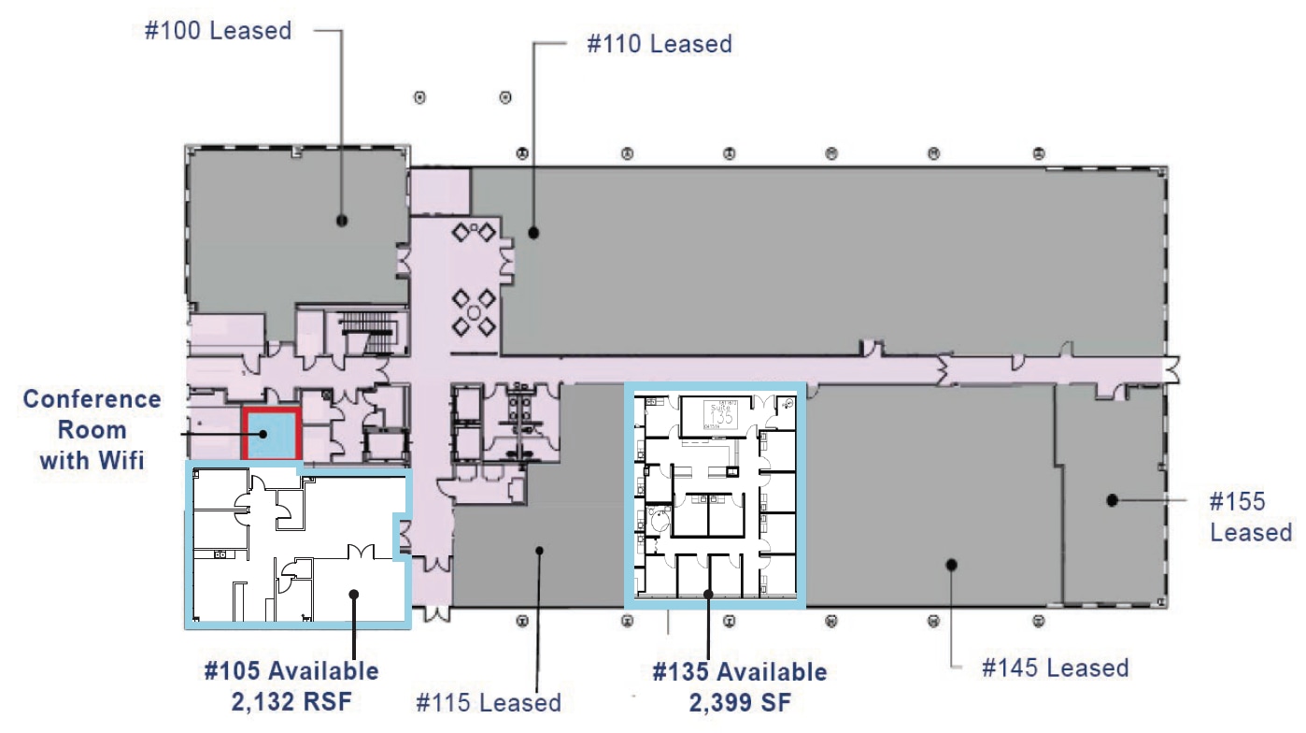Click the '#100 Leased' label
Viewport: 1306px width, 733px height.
(218, 30)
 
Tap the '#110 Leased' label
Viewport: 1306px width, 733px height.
(659, 43)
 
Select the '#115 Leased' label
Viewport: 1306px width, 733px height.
(489, 702)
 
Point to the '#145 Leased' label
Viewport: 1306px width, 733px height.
(1056, 668)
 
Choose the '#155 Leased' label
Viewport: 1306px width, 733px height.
(1250, 516)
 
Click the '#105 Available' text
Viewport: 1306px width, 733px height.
(291, 670)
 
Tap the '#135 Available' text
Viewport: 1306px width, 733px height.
(739, 672)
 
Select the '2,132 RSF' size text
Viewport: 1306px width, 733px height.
(291, 699)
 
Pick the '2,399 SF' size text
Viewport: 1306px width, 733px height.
(739, 700)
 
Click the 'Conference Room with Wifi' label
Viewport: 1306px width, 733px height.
(92, 429)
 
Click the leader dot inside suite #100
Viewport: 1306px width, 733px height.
(341, 221)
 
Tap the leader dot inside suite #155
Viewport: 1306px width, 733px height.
(1112, 500)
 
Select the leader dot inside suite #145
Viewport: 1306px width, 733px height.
(951, 564)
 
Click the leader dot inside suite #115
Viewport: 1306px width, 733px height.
(539, 550)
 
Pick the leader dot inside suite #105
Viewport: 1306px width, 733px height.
(353, 592)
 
